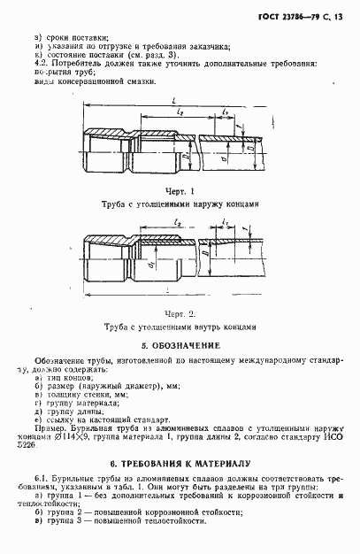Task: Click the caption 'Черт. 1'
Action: coord(179,191)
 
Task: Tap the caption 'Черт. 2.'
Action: coord(179,313)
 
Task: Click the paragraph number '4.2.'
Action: coord(39,65)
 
